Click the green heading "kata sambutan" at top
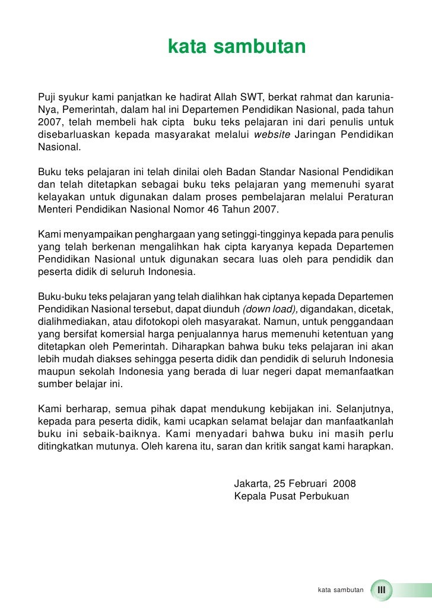(x=237, y=46)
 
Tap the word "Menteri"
(x=54, y=209)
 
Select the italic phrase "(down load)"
(x=266, y=309)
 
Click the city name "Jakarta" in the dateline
(x=251, y=483)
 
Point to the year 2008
(x=344, y=483)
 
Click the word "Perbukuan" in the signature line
(x=324, y=496)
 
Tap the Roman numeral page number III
(x=382, y=590)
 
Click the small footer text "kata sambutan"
(x=341, y=590)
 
